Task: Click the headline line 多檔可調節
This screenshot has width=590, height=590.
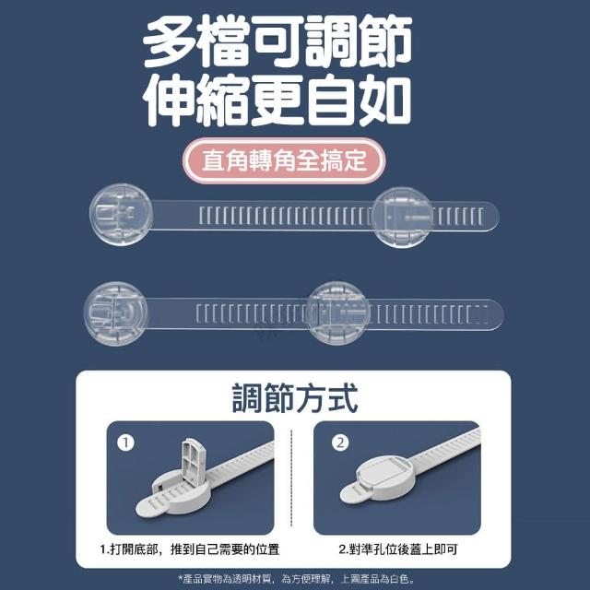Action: [277, 41]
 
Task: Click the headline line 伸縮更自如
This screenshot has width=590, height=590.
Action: [277, 100]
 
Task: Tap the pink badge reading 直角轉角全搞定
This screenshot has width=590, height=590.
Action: [284, 160]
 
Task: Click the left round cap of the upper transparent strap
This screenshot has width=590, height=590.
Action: [121, 215]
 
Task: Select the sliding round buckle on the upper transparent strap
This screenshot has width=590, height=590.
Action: [403, 218]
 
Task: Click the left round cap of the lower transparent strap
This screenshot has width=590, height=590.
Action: [115, 313]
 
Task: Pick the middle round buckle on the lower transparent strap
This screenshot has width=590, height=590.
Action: [337, 313]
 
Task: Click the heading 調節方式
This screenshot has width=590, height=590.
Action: [295, 398]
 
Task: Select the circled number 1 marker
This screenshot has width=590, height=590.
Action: [125, 442]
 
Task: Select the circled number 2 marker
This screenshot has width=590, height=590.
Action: [340, 442]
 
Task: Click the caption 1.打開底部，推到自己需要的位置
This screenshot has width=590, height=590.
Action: [190, 549]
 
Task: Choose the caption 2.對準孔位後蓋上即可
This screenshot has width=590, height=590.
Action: [397, 549]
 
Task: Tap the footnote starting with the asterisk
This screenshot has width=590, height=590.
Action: [296, 579]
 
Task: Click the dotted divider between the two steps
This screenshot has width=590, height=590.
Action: [291, 478]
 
